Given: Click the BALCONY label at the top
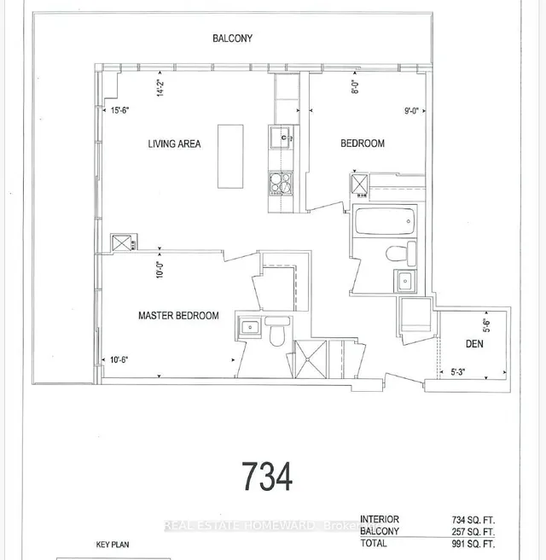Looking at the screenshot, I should pyautogui.click(x=232, y=38).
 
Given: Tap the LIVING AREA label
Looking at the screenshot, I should pyautogui.click(x=173, y=144).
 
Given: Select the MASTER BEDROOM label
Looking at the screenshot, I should pyautogui.click(x=178, y=316).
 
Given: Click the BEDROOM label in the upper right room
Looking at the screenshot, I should pyautogui.click(x=363, y=144).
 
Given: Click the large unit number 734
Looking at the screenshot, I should pyautogui.click(x=266, y=475).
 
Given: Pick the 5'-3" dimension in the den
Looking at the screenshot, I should pyautogui.click(x=462, y=371).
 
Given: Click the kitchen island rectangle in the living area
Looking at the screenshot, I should pyautogui.click(x=230, y=156).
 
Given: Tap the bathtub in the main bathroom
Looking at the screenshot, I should pyautogui.click(x=385, y=221).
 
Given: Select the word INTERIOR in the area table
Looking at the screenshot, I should pyautogui.click(x=380, y=518).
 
